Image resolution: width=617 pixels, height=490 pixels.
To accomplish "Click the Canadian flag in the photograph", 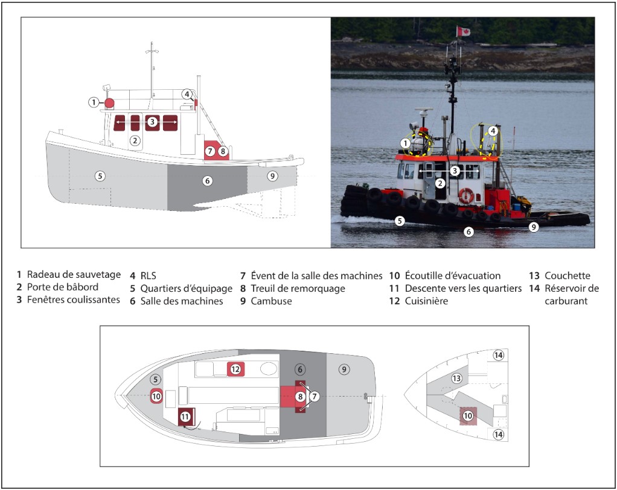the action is point(463,31).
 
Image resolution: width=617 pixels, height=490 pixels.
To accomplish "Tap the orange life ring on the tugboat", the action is point(466,196).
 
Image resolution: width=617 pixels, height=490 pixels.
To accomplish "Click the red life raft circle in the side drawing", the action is point(109,103).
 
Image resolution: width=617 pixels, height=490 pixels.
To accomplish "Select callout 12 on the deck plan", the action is point(235,369).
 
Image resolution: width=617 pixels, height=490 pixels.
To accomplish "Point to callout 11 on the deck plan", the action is point(185,416).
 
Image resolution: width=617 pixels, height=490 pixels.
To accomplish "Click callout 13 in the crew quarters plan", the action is point(456,378).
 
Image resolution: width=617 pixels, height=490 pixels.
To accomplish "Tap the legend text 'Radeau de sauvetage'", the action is point(74,275).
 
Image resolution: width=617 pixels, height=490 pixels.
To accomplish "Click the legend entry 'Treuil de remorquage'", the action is point(298,289).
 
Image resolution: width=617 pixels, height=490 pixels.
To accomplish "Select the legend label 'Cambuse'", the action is point(271,301).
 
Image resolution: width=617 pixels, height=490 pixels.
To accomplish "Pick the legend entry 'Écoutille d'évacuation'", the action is point(453,275).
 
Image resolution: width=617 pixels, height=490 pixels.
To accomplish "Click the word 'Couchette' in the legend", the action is point(567,275).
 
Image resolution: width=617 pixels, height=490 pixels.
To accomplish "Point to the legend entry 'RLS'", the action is point(148,276).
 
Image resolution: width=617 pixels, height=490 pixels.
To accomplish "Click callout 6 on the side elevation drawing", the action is point(207,181).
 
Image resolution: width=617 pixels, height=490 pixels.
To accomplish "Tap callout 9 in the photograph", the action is point(534,227).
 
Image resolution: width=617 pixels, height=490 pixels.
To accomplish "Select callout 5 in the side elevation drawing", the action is point(100,175).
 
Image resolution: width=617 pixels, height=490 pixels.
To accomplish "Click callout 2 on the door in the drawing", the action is point(135,140).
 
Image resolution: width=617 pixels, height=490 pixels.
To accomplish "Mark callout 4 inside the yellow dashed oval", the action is point(492,131).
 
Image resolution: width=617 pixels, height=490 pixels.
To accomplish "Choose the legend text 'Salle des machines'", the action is point(181,301).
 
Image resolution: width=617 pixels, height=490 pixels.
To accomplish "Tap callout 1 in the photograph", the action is point(405,143).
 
